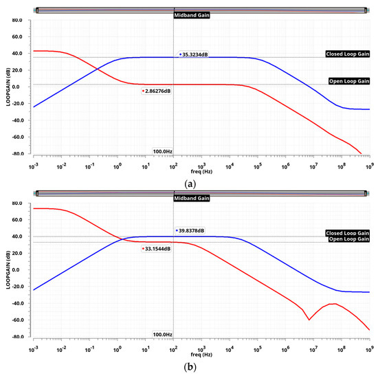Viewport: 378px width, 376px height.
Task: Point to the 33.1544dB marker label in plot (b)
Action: (159, 249)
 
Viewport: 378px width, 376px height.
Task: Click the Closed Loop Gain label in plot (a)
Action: (347, 54)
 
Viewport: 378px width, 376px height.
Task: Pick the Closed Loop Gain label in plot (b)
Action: (347, 233)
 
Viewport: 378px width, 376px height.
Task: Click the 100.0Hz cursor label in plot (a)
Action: (162, 151)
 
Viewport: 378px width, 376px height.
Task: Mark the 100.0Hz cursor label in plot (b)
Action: (162, 334)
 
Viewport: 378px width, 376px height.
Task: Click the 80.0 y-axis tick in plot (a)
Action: (18, 21)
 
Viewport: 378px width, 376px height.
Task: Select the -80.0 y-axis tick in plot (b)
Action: (17, 338)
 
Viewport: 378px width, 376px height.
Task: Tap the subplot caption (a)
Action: (190, 181)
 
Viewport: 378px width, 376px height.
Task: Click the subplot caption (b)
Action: (190, 367)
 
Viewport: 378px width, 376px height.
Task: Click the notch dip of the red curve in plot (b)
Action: (309, 320)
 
